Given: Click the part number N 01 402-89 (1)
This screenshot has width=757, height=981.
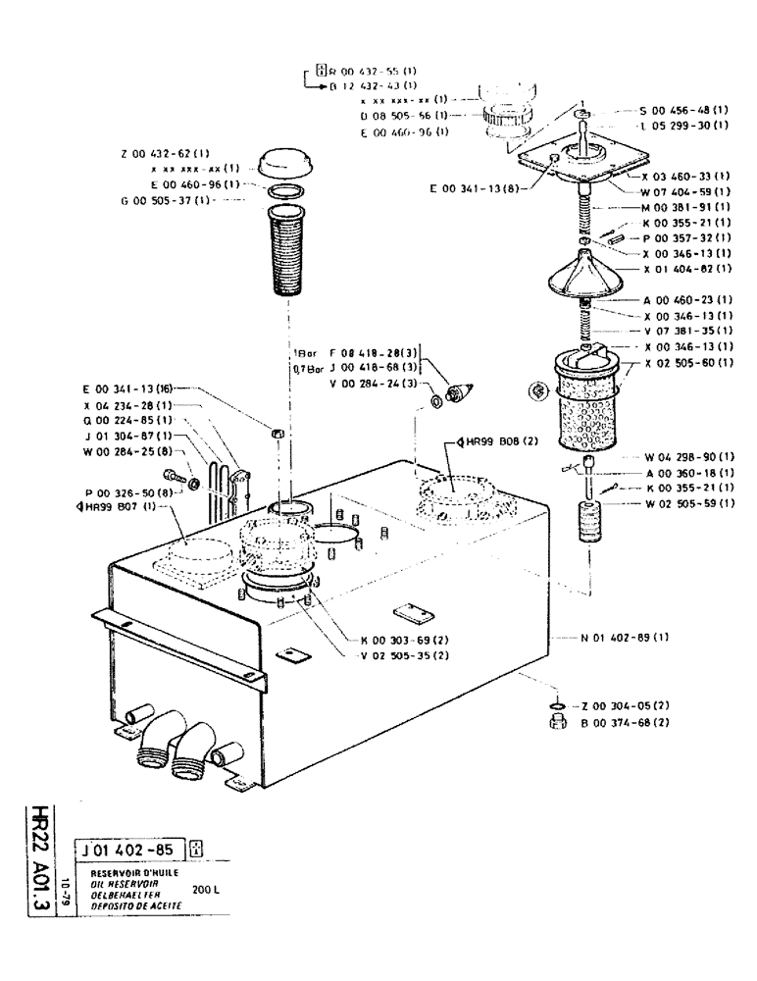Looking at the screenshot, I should pyautogui.click(x=626, y=638).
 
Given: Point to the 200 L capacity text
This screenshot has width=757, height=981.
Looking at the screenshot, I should pyautogui.click(x=207, y=889).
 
